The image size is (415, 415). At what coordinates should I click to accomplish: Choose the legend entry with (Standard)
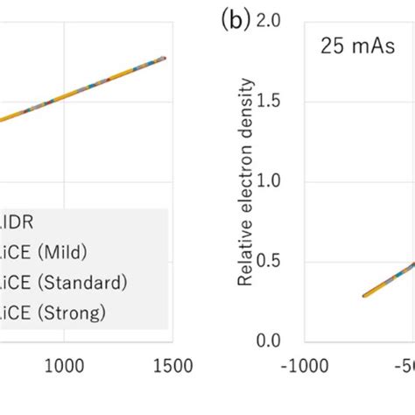[x=62, y=283]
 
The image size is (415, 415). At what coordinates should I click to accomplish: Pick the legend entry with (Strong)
[x=53, y=311]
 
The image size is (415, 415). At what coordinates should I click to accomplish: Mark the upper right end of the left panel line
[x=165, y=59]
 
